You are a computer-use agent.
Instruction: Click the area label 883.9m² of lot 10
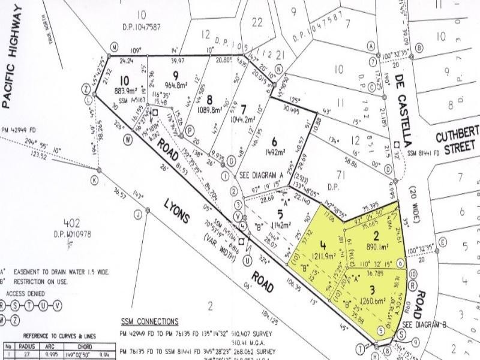click(128, 91)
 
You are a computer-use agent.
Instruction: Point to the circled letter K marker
click(94, 179)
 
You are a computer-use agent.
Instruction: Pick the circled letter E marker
click(443, 242)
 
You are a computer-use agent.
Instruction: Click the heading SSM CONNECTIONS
click(149, 321)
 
